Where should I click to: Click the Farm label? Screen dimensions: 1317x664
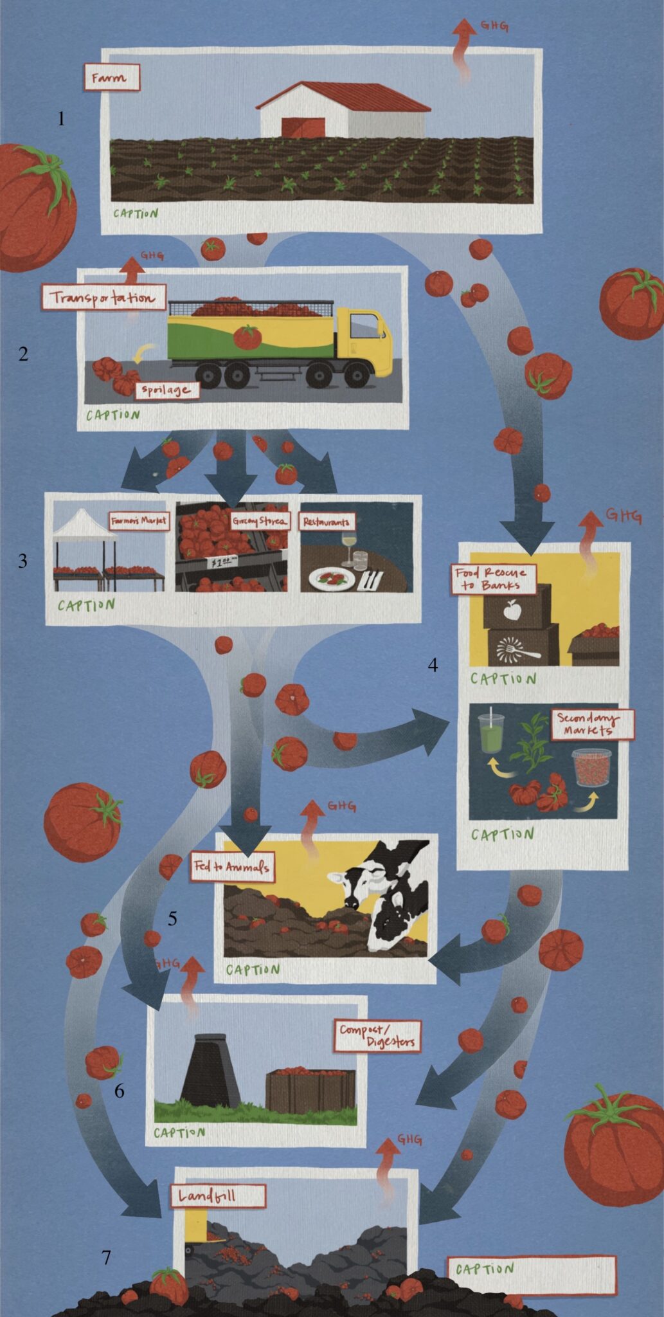pyautogui.click(x=111, y=78)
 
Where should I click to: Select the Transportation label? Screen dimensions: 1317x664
pyautogui.click(x=104, y=298)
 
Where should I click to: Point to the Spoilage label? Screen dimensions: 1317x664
pyautogui.click(x=166, y=390)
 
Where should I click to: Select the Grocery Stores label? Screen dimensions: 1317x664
pyautogui.click(x=260, y=521)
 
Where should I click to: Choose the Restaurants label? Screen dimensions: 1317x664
pyautogui.click(x=327, y=522)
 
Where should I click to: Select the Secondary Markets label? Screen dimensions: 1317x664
pyautogui.click(x=593, y=725)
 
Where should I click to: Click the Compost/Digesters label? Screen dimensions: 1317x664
pyautogui.click(x=377, y=1036)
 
